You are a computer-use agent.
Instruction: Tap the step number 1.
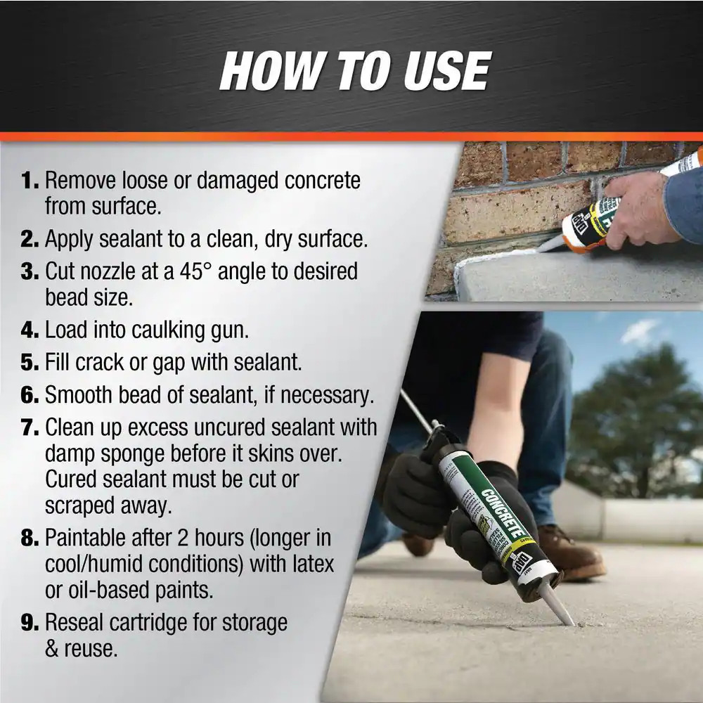[30, 181]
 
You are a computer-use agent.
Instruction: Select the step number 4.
[30, 329]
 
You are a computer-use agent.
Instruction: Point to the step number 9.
[30, 623]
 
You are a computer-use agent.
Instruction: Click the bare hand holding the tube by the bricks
[636, 207]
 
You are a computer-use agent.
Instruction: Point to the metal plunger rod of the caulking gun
[416, 411]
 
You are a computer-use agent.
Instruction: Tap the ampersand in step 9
[52, 648]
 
